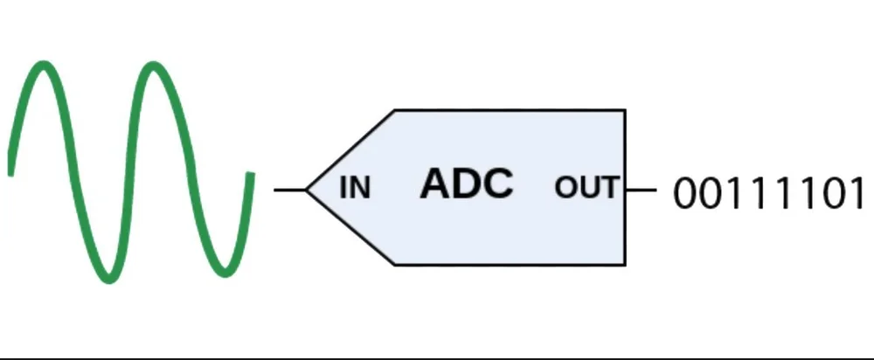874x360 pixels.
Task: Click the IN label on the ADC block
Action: pyautogui.click(x=355, y=187)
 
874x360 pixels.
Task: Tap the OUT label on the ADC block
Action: pyautogui.click(x=586, y=187)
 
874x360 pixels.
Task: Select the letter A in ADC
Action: pyautogui.click(x=436, y=183)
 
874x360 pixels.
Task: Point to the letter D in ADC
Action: pyautogui.click(x=467, y=183)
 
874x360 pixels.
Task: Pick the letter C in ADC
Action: pyautogui.click(x=497, y=183)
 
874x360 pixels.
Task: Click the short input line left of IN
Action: pyautogui.click(x=289, y=189)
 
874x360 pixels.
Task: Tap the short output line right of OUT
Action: pyautogui.click(x=641, y=189)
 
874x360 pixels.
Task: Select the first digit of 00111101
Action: pyautogui.click(x=685, y=193)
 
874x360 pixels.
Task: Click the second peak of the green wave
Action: pyautogui.click(x=153, y=66)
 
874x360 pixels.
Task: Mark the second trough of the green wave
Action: pyautogui.click(x=223, y=273)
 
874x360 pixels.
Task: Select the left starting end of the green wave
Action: pyautogui.click(x=10, y=170)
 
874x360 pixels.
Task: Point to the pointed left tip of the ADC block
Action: pyautogui.click(x=307, y=189)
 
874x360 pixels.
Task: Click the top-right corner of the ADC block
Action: pyautogui.click(x=625, y=110)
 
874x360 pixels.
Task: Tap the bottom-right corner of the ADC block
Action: pyautogui.click(x=625, y=265)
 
